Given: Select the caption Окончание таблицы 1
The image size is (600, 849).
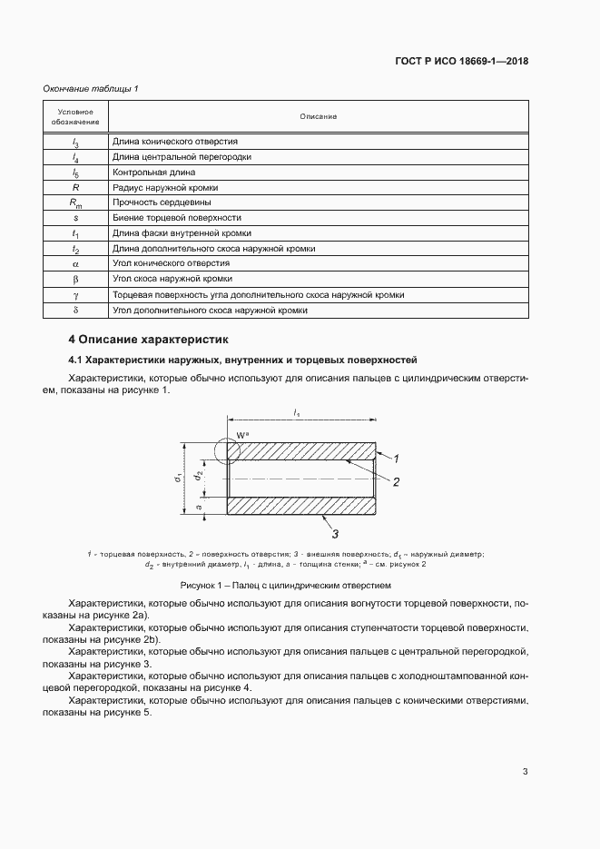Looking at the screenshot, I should (91, 89).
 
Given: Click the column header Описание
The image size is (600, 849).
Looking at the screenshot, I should (318, 117).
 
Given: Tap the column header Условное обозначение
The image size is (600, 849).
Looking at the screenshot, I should (75, 117).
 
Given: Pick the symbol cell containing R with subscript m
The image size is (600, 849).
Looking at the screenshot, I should (75, 203).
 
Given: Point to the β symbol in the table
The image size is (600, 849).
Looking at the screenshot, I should (75, 280).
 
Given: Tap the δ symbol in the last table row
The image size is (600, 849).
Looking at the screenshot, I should (75, 311).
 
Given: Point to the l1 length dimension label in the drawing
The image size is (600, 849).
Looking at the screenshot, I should (298, 414).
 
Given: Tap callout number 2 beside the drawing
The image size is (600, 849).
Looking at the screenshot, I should (396, 482).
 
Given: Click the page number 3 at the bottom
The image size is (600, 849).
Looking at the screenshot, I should (525, 772).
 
